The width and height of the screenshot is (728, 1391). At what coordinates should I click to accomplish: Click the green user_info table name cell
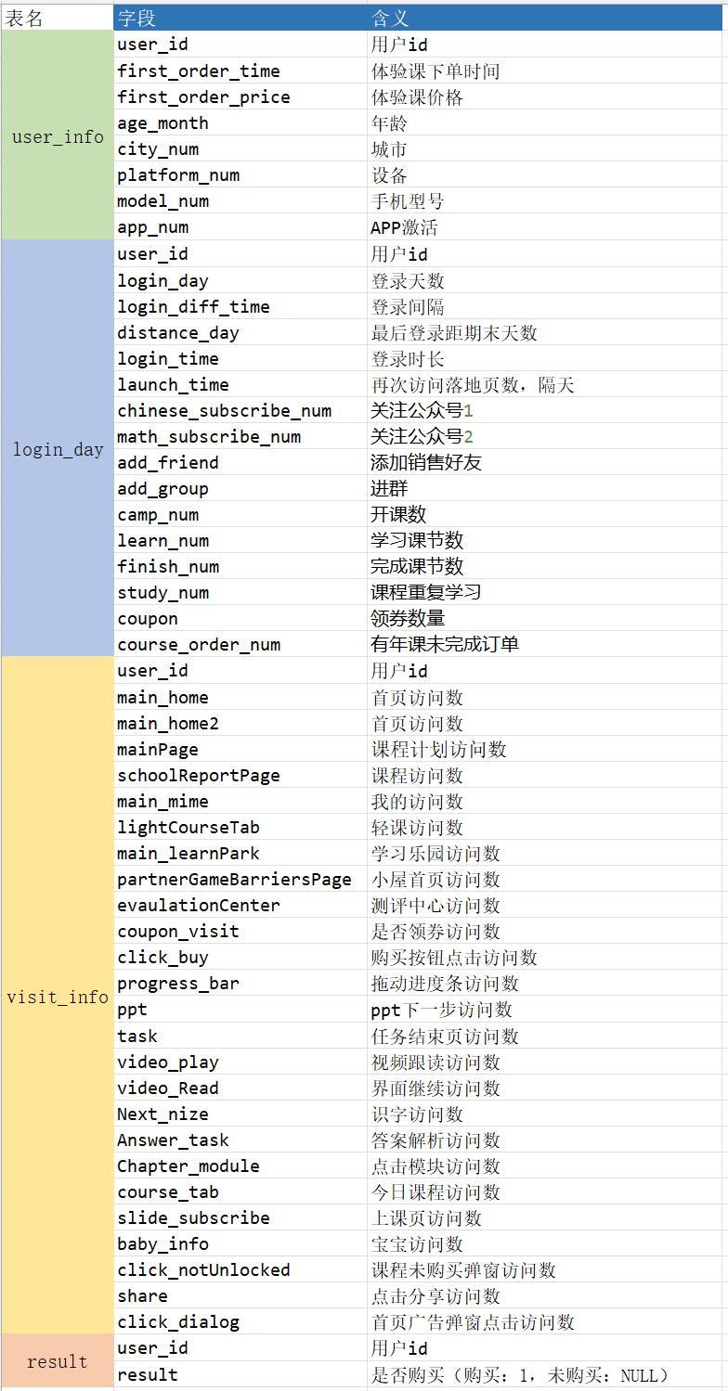[x=58, y=136]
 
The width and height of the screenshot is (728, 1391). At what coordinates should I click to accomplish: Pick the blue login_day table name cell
[x=58, y=449]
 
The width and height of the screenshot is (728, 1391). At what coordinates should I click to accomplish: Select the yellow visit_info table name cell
[x=58, y=997]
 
